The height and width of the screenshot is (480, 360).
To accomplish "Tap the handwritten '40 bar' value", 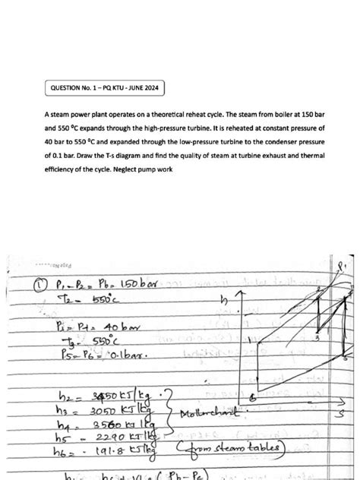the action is click(x=110, y=326).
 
